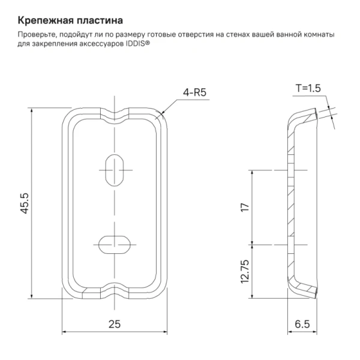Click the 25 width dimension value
click(x=114, y=324)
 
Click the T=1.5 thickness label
click(x=308, y=88)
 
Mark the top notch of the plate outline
click(x=113, y=113)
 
